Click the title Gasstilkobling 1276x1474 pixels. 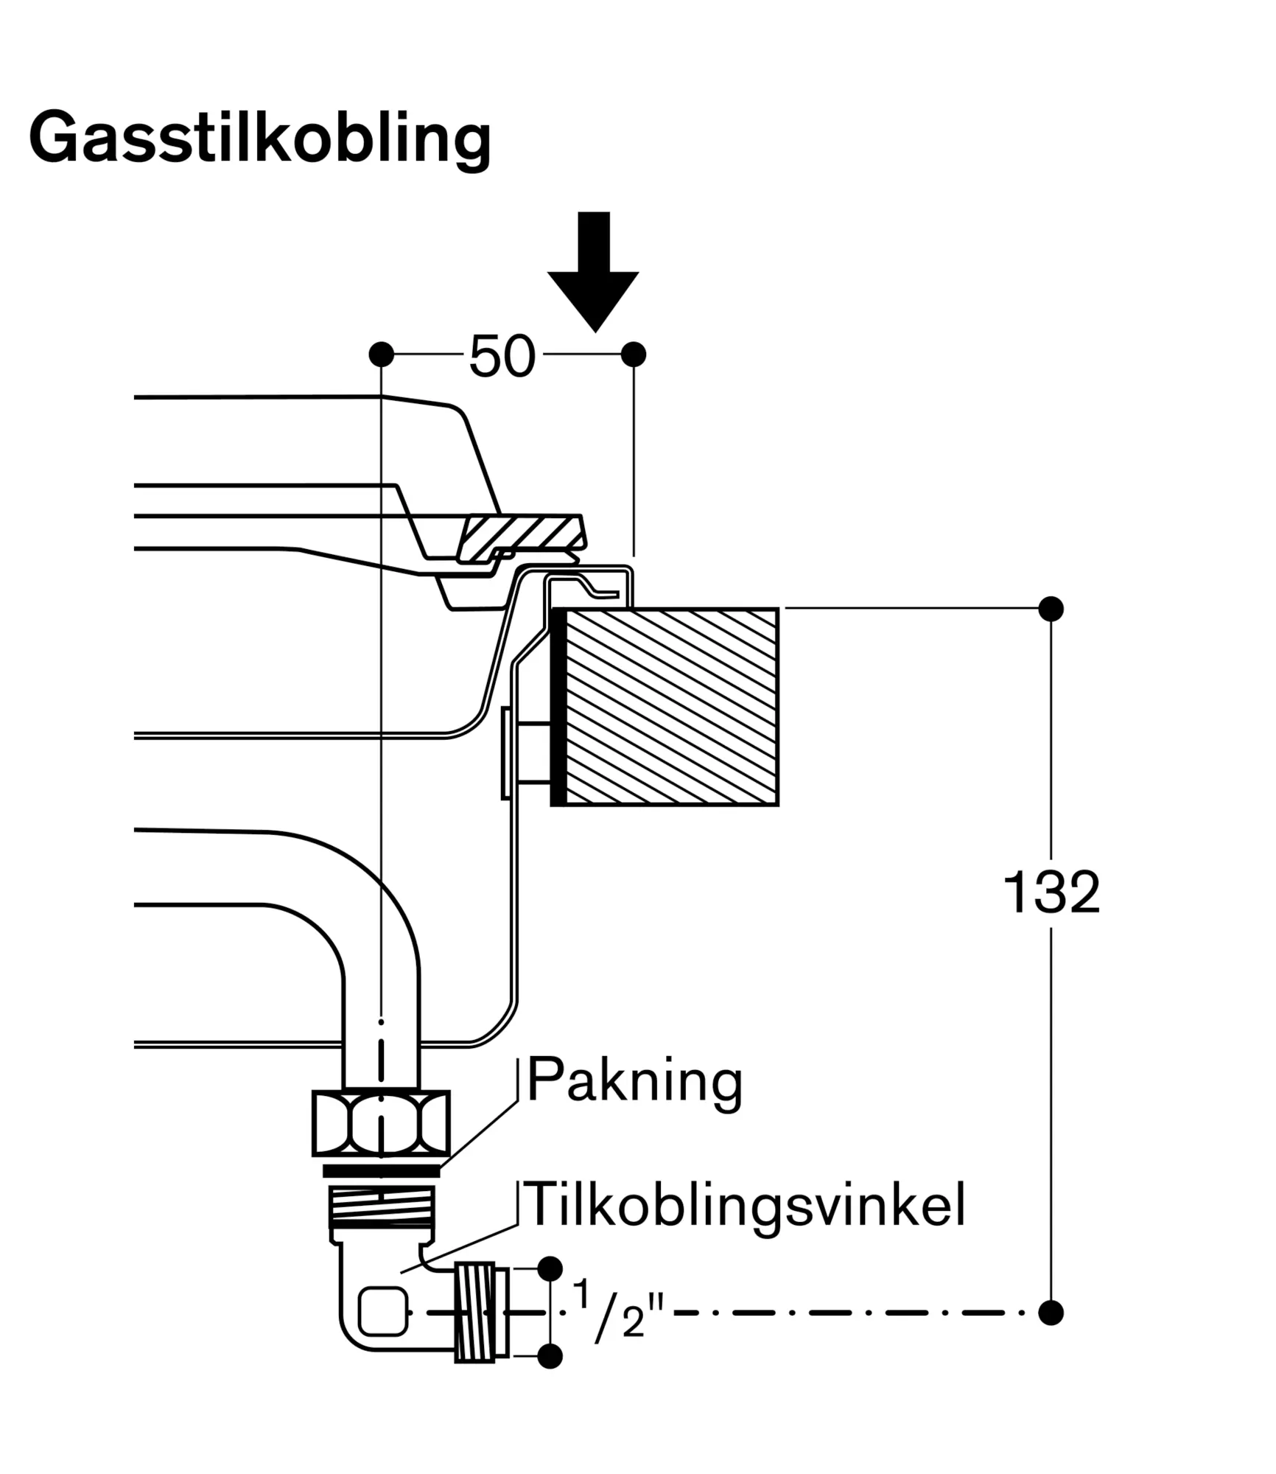[259, 139]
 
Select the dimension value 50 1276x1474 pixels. [502, 356]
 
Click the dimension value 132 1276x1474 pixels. [1051, 893]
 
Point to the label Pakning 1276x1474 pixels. [634, 1081]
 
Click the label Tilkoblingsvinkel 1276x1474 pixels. [744, 1204]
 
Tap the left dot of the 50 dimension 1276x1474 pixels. [381, 354]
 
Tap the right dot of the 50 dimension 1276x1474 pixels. [634, 354]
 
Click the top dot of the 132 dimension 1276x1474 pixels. [1051, 609]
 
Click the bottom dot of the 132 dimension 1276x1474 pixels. [1051, 1312]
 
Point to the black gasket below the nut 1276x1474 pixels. [381, 1171]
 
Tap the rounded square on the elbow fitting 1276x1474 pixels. [382, 1311]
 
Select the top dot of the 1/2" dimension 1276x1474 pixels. [550, 1268]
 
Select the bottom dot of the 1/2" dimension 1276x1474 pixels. [550, 1355]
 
